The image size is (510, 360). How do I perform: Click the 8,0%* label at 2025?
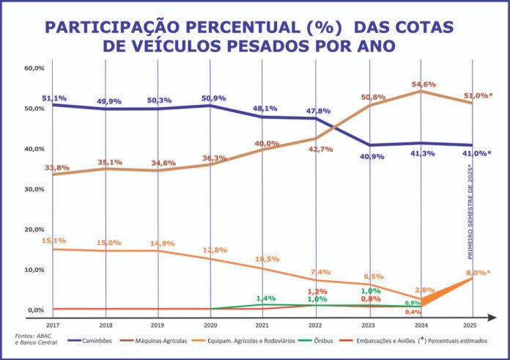click(x=477, y=273)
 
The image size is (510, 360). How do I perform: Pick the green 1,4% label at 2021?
click(x=266, y=298)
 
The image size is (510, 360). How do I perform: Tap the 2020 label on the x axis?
click(x=210, y=324)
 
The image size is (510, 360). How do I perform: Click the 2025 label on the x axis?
click(x=473, y=324)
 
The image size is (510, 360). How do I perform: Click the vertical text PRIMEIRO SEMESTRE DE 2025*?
click(x=471, y=213)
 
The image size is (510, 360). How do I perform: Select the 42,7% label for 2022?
click(x=320, y=149)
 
